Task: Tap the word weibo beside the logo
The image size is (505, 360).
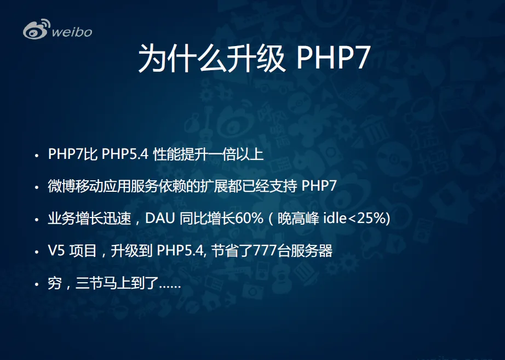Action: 72,32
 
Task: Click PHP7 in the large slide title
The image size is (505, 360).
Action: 333,58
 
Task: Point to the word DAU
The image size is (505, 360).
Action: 160,218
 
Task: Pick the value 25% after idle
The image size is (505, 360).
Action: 371,218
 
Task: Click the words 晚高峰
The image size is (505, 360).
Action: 298,218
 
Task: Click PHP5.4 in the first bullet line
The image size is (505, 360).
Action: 125,154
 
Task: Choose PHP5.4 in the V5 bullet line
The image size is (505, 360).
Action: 180,251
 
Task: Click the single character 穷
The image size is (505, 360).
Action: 55,284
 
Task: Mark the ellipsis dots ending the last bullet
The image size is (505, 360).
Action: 170,287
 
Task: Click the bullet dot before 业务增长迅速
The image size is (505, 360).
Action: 37,220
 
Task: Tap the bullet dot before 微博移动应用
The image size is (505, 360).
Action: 37,187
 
